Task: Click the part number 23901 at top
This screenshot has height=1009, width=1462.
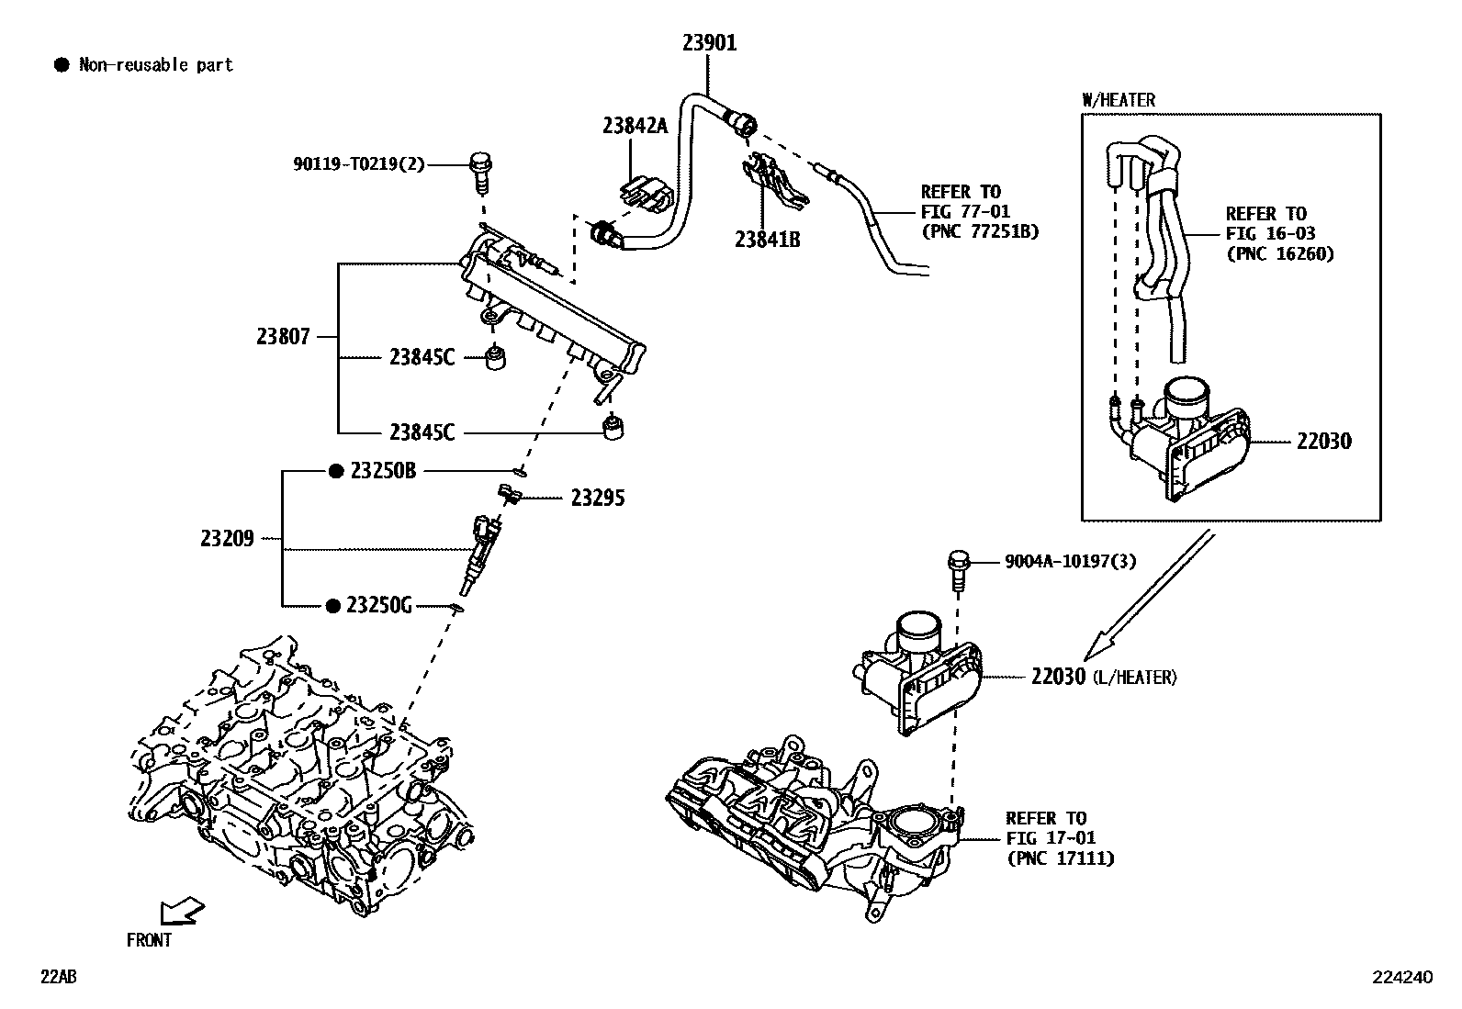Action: click(x=709, y=42)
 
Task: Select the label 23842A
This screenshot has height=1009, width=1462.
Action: click(x=635, y=126)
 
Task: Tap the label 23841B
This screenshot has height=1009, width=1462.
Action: click(x=767, y=240)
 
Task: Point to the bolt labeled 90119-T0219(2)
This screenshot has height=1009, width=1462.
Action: click(x=479, y=172)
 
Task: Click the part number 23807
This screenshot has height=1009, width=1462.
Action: click(x=284, y=337)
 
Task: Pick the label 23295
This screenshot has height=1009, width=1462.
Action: click(x=597, y=498)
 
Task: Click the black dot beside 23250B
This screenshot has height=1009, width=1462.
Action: click(x=336, y=471)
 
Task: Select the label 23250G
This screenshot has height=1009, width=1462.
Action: click(x=379, y=605)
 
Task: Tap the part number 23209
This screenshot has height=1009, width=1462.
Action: click(x=227, y=538)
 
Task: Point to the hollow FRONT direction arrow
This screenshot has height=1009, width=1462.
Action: click(x=181, y=911)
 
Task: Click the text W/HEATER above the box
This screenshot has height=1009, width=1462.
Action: click(x=1119, y=100)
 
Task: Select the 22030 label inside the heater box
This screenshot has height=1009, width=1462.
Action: click(x=1323, y=441)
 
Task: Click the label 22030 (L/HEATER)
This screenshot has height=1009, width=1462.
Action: click(x=1102, y=677)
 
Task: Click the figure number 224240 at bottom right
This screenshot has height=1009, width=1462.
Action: click(x=1401, y=978)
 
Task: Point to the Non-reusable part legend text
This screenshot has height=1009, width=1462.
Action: click(x=155, y=65)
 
